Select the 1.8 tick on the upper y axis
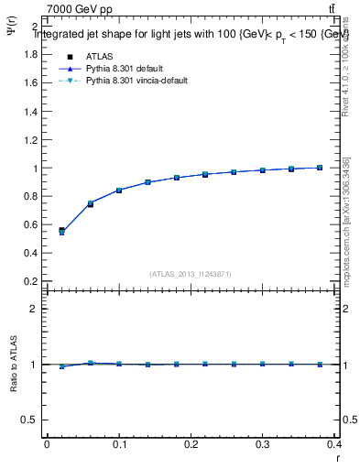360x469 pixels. tap(30, 54)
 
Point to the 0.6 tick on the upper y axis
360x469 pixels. tap(30, 224)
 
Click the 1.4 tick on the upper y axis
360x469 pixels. tap(30, 111)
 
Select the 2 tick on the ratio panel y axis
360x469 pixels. tap(34, 309)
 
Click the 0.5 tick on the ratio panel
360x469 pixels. tap(30, 420)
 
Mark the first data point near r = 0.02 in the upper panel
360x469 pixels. tap(61, 231)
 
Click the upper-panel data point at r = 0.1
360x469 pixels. tap(119, 191)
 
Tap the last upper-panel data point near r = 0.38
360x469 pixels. tap(320, 168)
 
